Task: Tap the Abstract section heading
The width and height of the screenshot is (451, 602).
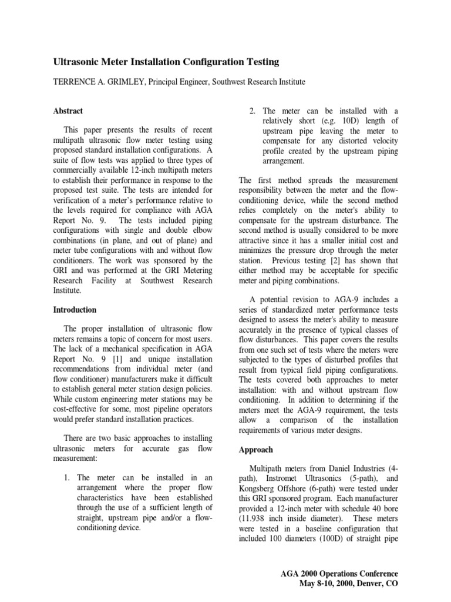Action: (69, 111)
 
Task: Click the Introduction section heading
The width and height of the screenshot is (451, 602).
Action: (75, 309)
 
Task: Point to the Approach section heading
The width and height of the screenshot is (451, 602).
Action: (257, 449)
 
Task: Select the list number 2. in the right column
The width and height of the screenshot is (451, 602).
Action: (252, 111)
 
